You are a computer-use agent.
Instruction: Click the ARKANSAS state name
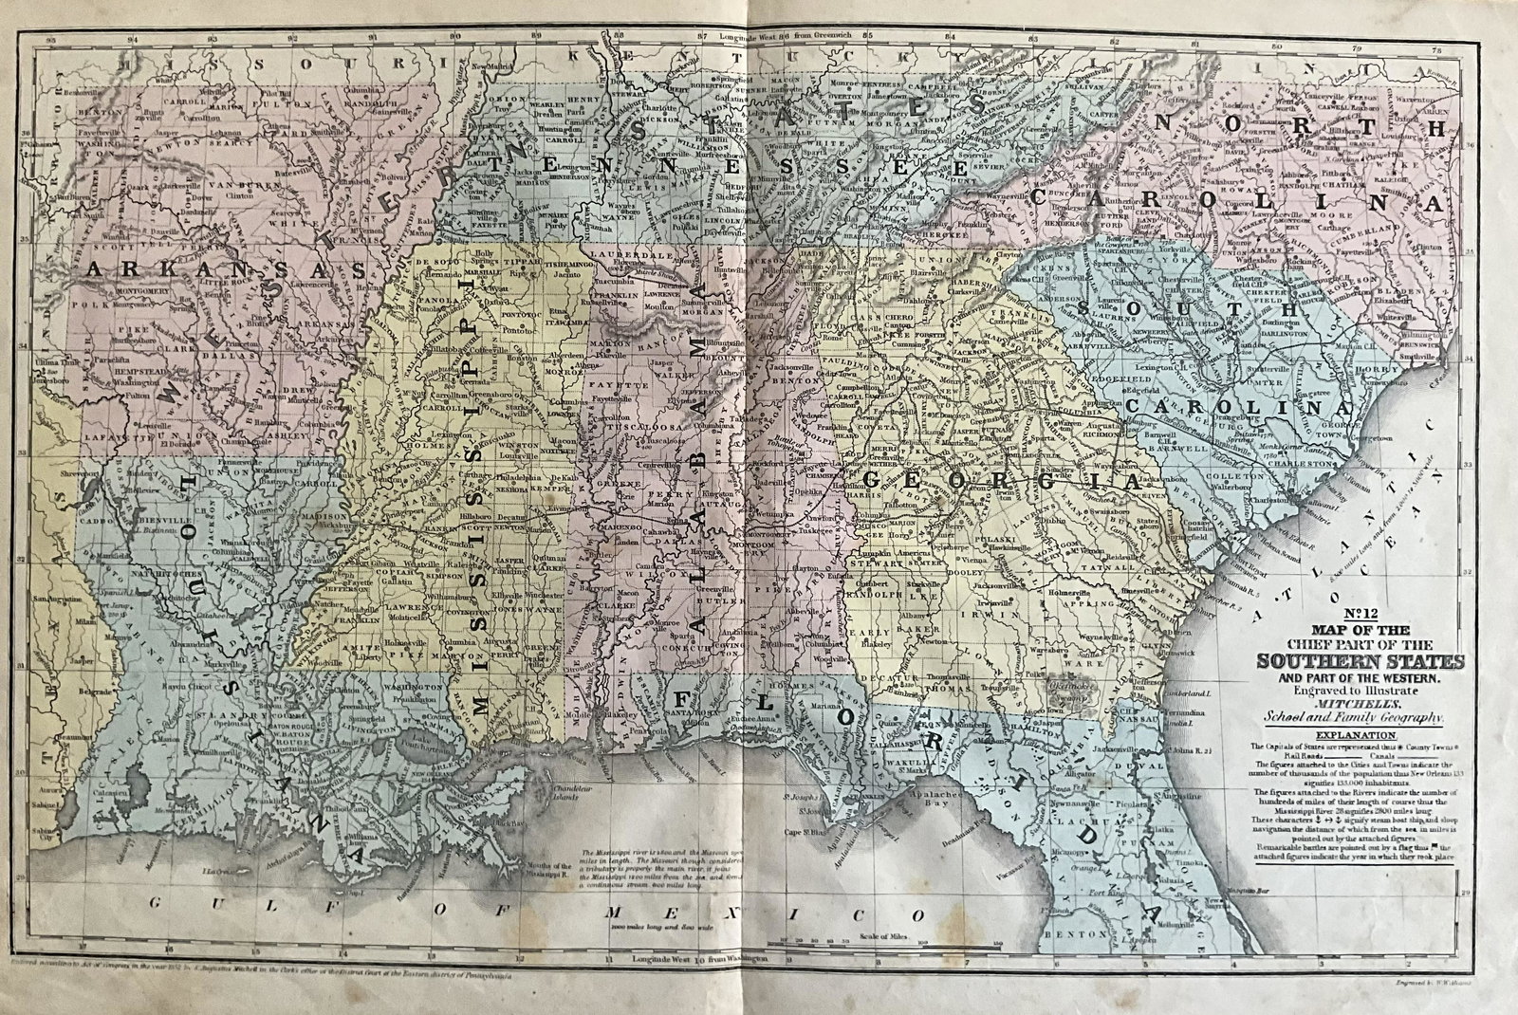coord(226,270)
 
